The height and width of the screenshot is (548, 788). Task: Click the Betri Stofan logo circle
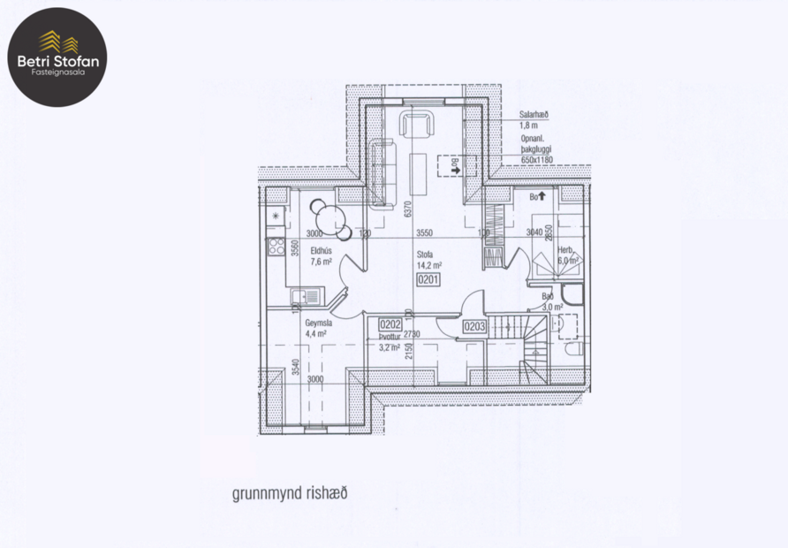(59, 57)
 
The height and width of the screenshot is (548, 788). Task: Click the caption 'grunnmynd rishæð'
(290, 493)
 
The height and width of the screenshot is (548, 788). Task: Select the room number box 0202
(390, 324)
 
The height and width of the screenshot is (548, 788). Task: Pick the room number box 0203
(474, 327)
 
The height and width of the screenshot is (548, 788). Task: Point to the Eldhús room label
(321, 250)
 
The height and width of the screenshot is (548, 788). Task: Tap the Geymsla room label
(318, 323)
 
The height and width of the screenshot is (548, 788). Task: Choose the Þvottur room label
(390, 337)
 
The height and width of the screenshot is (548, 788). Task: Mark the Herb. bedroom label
(564, 250)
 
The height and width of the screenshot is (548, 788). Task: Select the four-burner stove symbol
(277, 247)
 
